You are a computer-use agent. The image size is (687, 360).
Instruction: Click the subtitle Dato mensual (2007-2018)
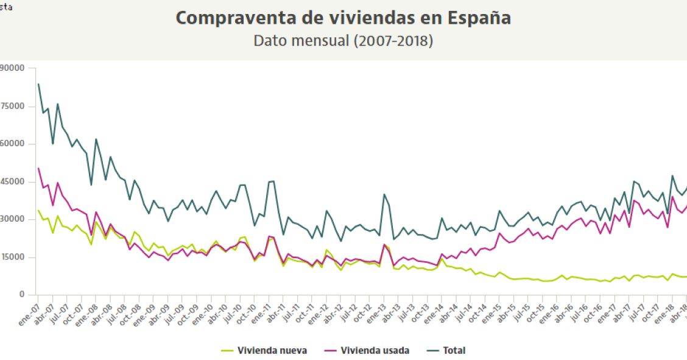tap(343, 41)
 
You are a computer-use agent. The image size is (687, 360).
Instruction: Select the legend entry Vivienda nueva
tap(272, 350)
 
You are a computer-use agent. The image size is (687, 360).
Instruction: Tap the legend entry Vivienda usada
tap(375, 350)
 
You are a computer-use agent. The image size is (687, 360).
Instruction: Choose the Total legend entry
tap(455, 350)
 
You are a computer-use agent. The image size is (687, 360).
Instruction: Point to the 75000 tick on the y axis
tap(12, 106)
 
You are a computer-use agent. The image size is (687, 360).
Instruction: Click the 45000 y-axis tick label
tap(12, 182)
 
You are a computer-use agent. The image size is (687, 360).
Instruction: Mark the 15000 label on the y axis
tap(12, 257)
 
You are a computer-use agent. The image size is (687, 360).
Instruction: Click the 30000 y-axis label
tap(12, 219)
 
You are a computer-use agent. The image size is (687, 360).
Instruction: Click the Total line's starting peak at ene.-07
tap(38, 84)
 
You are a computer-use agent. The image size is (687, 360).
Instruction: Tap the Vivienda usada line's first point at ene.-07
tap(38, 168)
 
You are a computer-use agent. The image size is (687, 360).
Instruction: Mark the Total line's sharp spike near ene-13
tap(384, 194)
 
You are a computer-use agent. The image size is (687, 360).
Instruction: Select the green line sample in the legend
tap(227, 350)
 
